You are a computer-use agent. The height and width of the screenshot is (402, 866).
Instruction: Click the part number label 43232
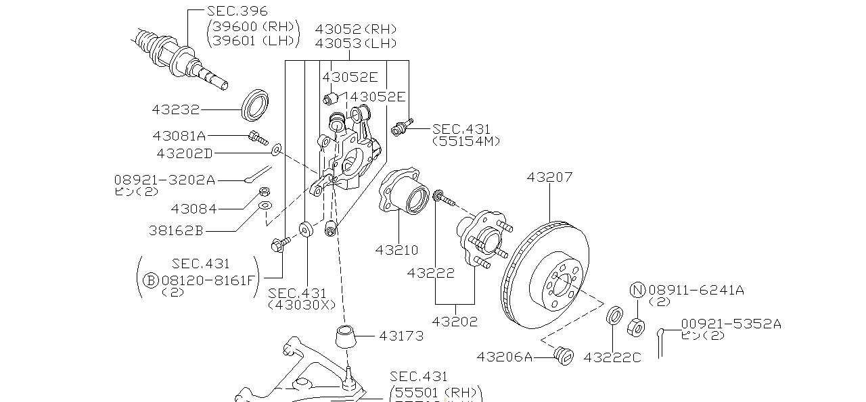(x=176, y=108)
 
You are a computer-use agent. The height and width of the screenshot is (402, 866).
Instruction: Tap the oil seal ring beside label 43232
(x=256, y=103)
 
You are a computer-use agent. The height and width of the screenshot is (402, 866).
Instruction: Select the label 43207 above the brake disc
(x=549, y=178)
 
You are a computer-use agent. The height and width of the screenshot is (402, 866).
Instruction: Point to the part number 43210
(x=396, y=250)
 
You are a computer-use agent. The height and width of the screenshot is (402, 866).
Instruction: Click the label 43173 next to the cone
(x=401, y=335)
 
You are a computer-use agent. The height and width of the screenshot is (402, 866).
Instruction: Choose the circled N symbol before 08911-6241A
(x=638, y=291)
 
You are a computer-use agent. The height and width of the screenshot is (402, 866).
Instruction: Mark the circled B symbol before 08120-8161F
(x=150, y=280)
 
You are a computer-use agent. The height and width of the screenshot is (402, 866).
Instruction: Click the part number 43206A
(x=505, y=355)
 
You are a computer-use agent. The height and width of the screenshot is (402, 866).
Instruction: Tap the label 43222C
(x=612, y=356)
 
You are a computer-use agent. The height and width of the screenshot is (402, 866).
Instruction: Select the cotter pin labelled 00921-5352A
(x=662, y=341)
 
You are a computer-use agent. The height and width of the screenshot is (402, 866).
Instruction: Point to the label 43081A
(x=179, y=136)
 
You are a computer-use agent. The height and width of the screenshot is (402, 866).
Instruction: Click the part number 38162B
(x=176, y=230)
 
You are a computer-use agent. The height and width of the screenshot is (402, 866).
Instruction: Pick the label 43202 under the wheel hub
(x=454, y=322)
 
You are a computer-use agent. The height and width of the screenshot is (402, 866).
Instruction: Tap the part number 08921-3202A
(x=164, y=180)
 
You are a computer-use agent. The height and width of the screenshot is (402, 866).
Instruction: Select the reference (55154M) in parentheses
(x=465, y=141)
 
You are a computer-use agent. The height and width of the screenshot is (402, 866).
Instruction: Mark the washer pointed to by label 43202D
(x=277, y=148)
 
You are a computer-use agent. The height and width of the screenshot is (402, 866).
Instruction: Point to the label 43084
(x=194, y=209)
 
